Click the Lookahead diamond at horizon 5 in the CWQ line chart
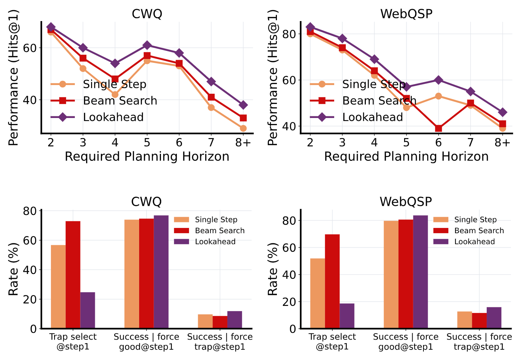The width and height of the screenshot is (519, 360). pyautogui.click(x=147, y=45)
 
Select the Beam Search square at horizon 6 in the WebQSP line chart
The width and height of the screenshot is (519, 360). pyautogui.click(x=438, y=128)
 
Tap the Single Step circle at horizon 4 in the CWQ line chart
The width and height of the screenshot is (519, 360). pyautogui.click(x=115, y=94)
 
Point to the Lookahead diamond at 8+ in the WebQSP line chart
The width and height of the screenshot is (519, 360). pyautogui.click(x=502, y=112)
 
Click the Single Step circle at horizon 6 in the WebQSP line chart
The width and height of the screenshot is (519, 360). pyautogui.click(x=438, y=96)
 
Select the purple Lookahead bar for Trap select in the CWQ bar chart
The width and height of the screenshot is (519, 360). pyautogui.click(x=87, y=310)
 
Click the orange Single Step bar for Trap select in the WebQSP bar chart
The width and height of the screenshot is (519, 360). pyautogui.click(x=318, y=293)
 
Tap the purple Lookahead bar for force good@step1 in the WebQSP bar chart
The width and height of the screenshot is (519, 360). pyautogui.click(x=420, y=272)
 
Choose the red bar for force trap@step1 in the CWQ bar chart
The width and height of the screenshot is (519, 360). pyautogui.click(x=220, y=322)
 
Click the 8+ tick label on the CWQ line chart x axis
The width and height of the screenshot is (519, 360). pyautogui.click(x=243, y=143)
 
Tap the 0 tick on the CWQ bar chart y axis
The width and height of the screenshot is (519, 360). pyautogui.click(x=33, y=329)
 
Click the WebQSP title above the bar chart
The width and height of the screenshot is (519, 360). pyautogui.click(x=406, y=202)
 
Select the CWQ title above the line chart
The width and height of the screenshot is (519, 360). pyautogui.click(x=147, y=14)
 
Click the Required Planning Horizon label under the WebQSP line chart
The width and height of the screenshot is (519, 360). pyautogui.click(x=406, y=157)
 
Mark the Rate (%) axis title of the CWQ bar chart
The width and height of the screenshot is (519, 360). pyautogui.click(x=13, y=269)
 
